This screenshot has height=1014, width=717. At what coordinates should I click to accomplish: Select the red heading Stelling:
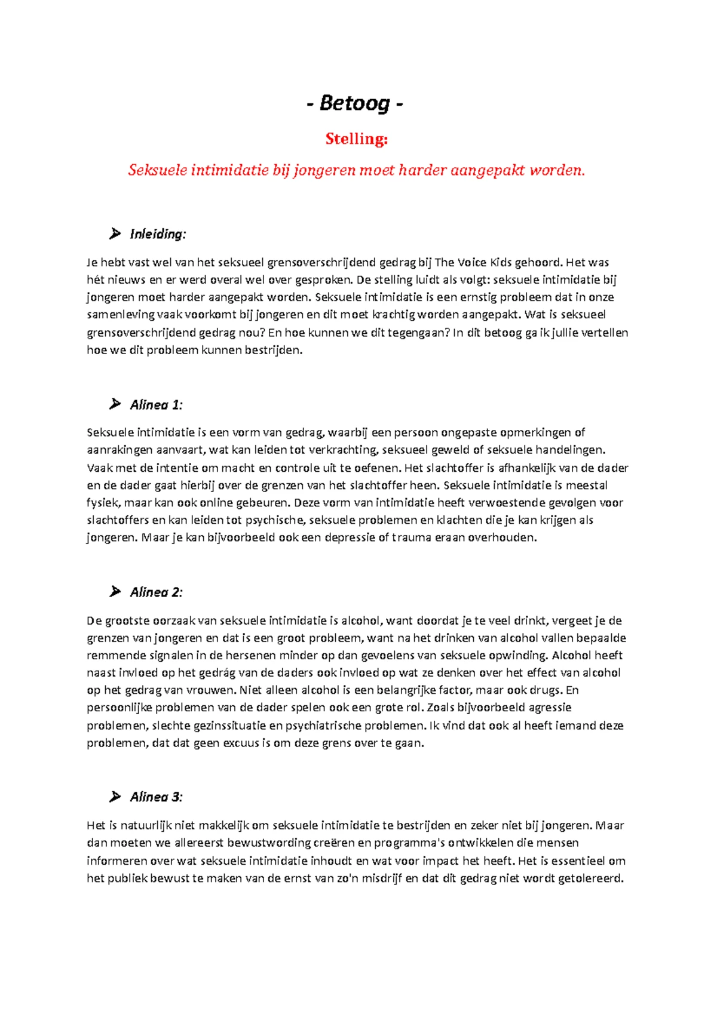click(x=357, y=139)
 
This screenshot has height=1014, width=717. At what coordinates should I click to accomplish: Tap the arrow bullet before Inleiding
click(x=115, y=234)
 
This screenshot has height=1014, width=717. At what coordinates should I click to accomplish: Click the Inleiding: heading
click(x=158, y=234)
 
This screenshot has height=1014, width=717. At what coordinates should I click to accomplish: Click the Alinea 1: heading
click(x=156, y=405)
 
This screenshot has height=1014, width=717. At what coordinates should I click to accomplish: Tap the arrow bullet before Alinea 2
click(x=115, y=592)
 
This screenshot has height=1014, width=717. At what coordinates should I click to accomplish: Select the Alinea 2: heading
click(x=156, y=592)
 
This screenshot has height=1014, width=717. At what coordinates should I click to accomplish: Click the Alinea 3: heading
click(x=156, y=797)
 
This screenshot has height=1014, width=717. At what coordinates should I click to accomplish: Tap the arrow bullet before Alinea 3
click(x=115, y=797)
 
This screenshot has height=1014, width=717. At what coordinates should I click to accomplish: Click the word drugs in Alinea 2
click(x=546, y=690)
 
